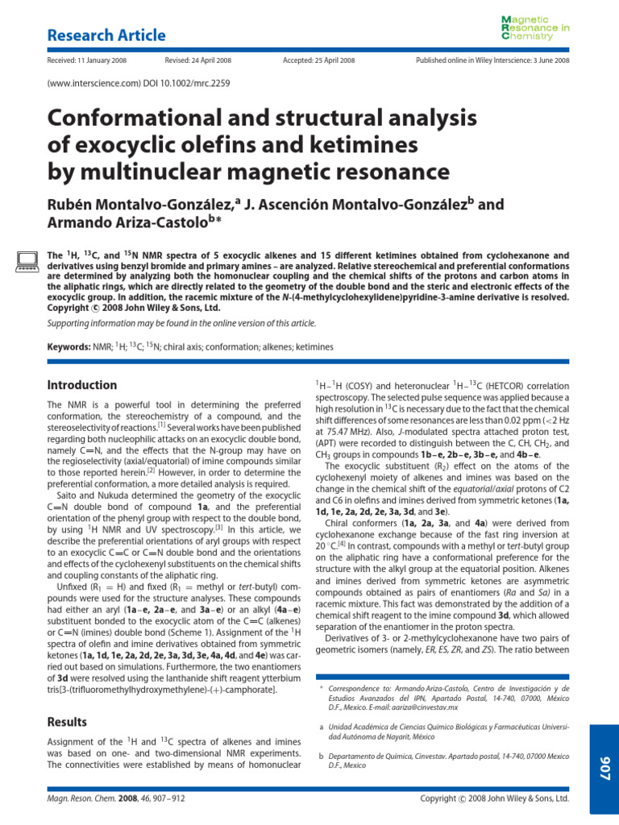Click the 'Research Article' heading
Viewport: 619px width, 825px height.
pos(106,35)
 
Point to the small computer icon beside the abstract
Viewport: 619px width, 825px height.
pos(27,259)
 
